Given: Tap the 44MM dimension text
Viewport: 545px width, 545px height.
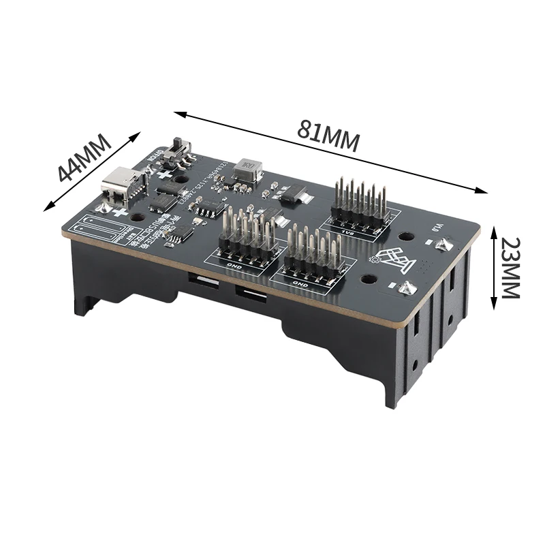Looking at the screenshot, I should (x=84, y=159).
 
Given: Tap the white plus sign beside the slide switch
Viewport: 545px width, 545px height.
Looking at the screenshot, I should (x=164, y=174).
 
